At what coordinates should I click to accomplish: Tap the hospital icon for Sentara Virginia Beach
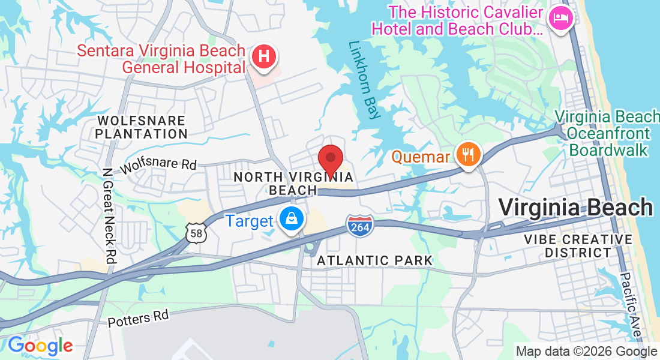click(263, 57)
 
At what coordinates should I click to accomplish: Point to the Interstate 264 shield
click(360, 226)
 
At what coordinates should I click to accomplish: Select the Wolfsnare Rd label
click(158, 166)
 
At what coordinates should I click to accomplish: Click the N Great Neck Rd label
click(109, 215)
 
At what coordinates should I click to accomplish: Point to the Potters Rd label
click(139, 317)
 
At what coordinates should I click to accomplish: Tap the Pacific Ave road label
click(632, 306)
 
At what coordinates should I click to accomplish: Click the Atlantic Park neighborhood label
click(374, 260)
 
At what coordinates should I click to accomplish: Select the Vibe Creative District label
click(578, 246)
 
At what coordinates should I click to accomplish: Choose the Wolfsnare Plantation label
click(141, 127)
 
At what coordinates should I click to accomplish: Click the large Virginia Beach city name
click(575, 208)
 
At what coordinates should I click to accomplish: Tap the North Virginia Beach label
click(293, 183)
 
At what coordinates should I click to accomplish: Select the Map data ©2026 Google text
click(586, 352)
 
